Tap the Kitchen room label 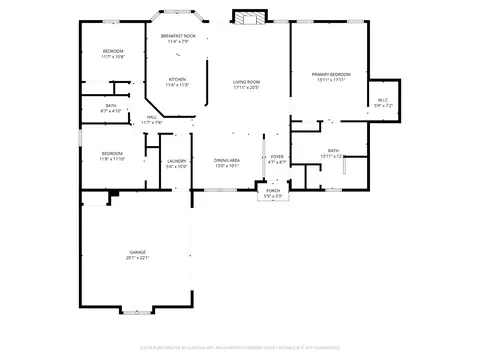click(176, 80)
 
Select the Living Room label click(247, 82)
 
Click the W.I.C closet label click(383, 99)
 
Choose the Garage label click(137, 252)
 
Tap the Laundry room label click(176, 161)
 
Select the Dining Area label click(227, 160)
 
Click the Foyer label click(277, 157)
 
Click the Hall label click(152, 117)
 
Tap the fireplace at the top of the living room click(247, 17)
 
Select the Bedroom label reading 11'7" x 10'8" click(112, 53)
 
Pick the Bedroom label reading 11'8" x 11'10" click(112, 153)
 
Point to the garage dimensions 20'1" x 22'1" click(137, 257)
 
